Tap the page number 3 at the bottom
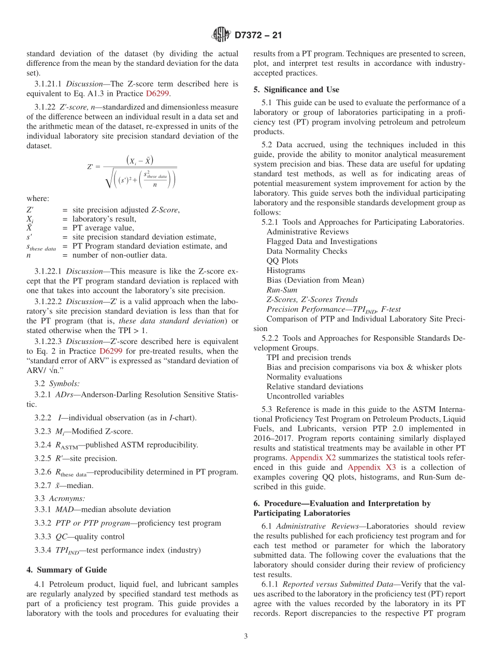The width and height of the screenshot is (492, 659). pos(246,636)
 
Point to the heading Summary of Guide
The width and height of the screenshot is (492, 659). pos(67,570)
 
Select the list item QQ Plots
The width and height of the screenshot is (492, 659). pos(282,261)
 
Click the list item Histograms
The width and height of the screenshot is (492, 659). pos(286,270)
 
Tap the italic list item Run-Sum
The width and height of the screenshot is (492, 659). pos(282,290)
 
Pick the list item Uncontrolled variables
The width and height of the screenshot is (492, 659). pos(305,396)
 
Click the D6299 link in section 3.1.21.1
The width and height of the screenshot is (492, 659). pos(158,94)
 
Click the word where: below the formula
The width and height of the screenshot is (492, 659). pos(38,198)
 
